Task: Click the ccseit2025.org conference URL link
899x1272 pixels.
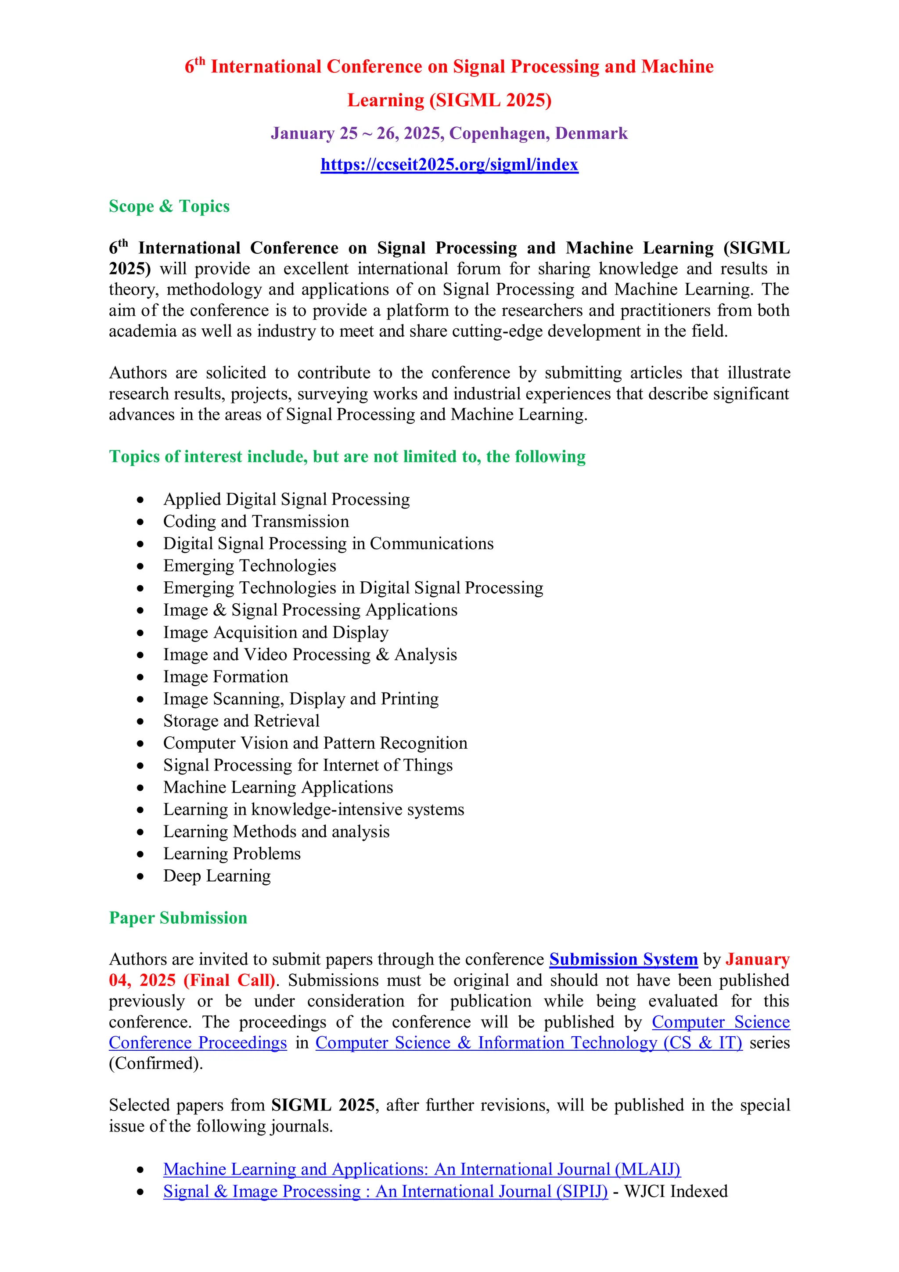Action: pos(449,165)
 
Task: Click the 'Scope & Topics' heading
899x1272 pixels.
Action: pos(169,206)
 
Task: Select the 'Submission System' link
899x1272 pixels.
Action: pos(623,959)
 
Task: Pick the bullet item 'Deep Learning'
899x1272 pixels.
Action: pos(216,876)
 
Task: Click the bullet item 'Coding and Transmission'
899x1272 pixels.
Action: pos(256,521)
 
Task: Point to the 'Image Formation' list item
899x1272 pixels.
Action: pos(226,677)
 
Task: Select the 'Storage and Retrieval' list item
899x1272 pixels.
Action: pos(241,721)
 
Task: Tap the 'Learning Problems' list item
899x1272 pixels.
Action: pos(231,854)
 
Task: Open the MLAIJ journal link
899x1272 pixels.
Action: pos(421,1169)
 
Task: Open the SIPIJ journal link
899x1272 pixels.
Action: pos(385,1191)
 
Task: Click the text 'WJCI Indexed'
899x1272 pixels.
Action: pos(676,1191)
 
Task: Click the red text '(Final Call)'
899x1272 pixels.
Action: pos(229,980)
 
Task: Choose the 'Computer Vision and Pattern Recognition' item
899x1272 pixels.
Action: pos(315,743)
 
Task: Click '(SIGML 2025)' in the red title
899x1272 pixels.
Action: pos(490,100)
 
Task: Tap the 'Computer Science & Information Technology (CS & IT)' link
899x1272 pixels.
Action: pos(529,1043)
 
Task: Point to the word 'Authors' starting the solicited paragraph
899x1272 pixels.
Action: pos(137,373)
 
